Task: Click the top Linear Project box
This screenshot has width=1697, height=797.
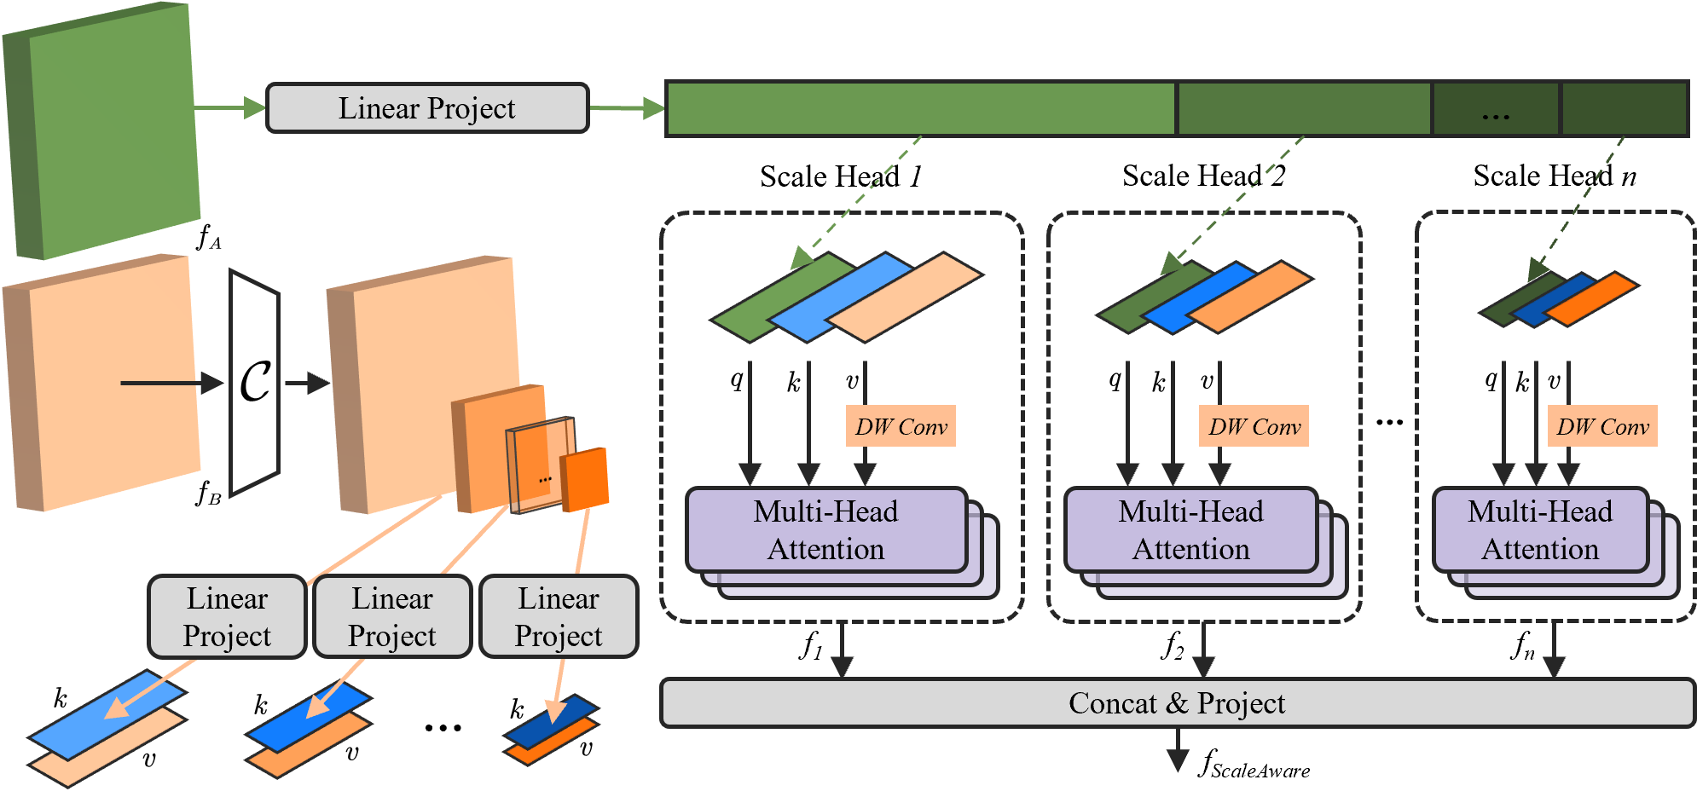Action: pos(427,108)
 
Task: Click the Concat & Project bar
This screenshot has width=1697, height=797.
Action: pos(1177,703)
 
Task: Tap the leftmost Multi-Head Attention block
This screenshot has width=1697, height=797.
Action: pos(825,529)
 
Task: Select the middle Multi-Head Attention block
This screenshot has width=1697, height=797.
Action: pos(1190,529)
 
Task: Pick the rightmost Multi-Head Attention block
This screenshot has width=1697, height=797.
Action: pos(1540,529)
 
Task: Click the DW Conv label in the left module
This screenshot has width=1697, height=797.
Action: pos(901,426)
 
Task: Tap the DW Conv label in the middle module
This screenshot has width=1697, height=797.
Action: pos(1254,426)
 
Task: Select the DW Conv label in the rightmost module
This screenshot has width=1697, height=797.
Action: pos(1602,426)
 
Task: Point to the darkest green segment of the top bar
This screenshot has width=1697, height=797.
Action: pos(1625,108)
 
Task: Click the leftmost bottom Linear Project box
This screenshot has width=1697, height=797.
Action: pos(227,617)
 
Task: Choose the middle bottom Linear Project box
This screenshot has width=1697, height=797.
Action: pos(392,617)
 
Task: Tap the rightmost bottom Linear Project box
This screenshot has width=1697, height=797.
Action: pos(559,617)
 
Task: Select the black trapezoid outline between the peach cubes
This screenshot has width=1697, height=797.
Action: pos(254,384)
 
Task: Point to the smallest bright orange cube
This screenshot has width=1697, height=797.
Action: pos(585,479)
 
